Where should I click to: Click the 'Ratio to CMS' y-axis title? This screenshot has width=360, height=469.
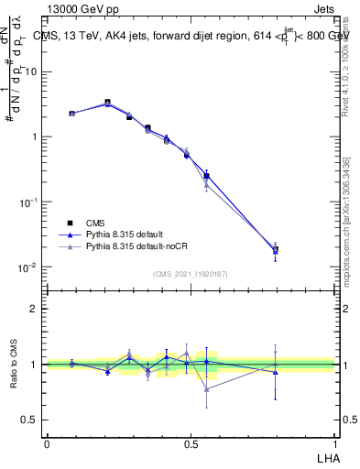click(14, 365)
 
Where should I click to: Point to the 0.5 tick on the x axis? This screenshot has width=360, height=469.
click(190, 442)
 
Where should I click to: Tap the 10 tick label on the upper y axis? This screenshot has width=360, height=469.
click(30, 71)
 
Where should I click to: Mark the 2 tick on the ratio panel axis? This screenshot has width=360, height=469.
click(35, 309)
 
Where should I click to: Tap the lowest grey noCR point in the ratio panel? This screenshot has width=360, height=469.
click(207, 389)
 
